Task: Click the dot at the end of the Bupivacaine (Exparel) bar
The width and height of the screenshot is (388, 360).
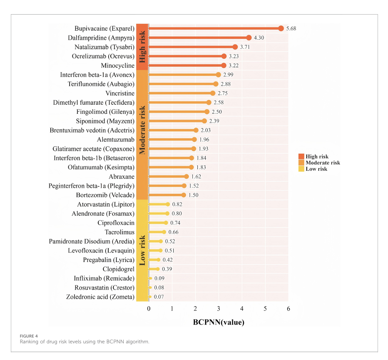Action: [x=281, y=28]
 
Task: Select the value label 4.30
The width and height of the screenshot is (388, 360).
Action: [x=259, y=38]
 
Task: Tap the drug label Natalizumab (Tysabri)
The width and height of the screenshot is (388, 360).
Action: [x=104, y=47]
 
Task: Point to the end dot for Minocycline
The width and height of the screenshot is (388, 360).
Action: [x=224, y=65]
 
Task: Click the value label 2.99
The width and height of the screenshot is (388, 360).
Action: [x=228, y=75]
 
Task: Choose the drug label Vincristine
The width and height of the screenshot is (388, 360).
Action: [x=120, y=93]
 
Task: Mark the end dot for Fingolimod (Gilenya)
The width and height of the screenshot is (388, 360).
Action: [x=207, y=112]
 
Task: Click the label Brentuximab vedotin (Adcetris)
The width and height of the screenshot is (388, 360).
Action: [x=92, y=130]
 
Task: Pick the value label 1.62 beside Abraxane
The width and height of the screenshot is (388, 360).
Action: [x=196, y=177]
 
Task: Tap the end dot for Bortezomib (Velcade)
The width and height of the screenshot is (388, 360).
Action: [x=184, y=195]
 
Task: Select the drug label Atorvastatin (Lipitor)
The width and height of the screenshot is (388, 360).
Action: [x=106, y=205]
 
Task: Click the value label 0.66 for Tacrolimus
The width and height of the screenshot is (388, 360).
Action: [x=174, y=232]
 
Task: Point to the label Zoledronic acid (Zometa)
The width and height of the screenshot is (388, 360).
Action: [x=100, y=297]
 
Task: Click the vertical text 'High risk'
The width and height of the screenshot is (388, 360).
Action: [x=142, y=47]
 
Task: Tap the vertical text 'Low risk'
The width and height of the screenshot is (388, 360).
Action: [x=142, y=250]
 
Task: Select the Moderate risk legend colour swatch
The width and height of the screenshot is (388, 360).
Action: [x=301, y=162]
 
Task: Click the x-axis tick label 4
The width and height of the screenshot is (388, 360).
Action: [x=242, y=309]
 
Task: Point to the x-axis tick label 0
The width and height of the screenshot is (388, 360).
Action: [x=149, y=309]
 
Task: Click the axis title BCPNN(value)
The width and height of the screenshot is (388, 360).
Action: [x=219, y=322]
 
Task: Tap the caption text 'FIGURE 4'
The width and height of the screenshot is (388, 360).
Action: [x=29, y=336]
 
